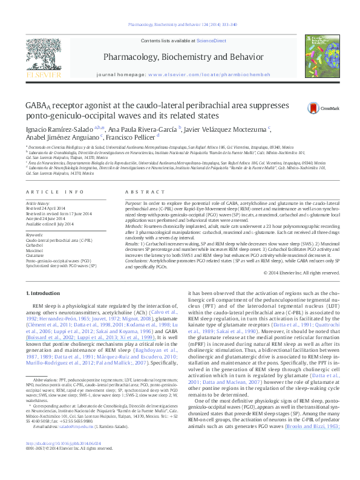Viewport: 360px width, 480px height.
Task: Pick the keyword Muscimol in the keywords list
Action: click(34, 248)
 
